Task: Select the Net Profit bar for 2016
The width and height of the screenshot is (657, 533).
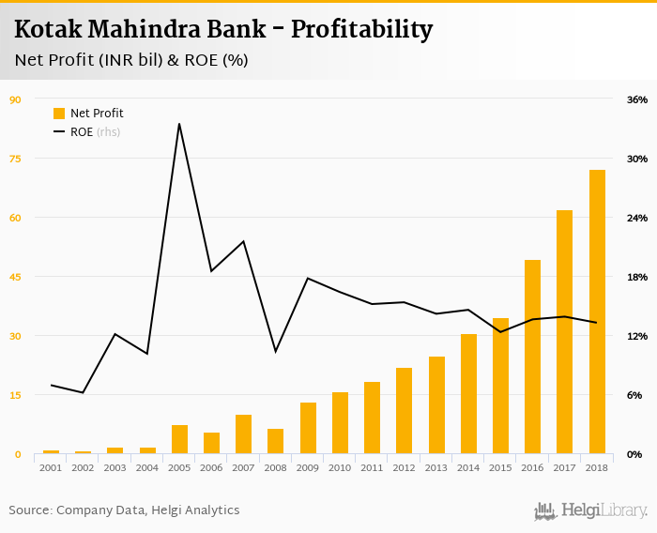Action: [x=532, y=357]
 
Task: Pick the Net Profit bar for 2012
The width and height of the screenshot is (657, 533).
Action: [x=405, y=411]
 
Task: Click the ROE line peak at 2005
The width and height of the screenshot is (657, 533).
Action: [x=179, y=124]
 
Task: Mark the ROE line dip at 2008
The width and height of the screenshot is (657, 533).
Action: [x=275, y=351]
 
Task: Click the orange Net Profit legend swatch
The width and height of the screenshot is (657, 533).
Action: [x=59, y=114]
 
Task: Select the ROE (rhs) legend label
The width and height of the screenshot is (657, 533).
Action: [x=95, y=132]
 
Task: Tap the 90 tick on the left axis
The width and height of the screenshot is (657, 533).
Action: [x=15, y=99]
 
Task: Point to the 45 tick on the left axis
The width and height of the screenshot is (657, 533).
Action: [x=15, y=277]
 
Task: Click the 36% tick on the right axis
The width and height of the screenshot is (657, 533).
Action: [x=637, y=99]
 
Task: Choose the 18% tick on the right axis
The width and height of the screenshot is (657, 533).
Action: [x=637, y=277]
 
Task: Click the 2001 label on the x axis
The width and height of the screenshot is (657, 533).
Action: [x=51, y=467]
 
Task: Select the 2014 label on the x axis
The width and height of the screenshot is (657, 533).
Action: [x=468, y=467]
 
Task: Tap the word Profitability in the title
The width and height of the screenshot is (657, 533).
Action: [x=361, y=30]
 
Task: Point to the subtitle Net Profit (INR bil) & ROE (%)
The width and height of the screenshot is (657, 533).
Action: [x=131, y=61]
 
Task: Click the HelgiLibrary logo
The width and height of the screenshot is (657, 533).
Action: [x=591, y=510]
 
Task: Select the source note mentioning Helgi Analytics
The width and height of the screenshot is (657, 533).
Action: [x=125, y=510]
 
